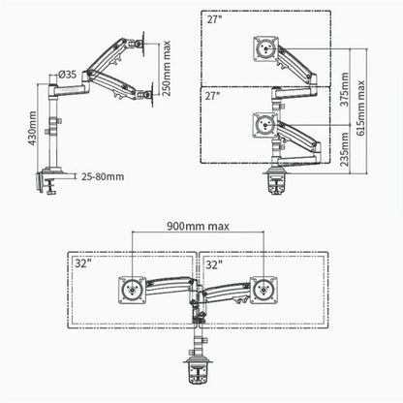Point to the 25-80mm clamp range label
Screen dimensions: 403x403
click(102, 177)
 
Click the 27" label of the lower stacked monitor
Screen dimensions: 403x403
click(214, 96)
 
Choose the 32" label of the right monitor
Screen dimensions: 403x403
click(213, 262)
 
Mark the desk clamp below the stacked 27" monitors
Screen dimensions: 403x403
click(275, 180)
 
